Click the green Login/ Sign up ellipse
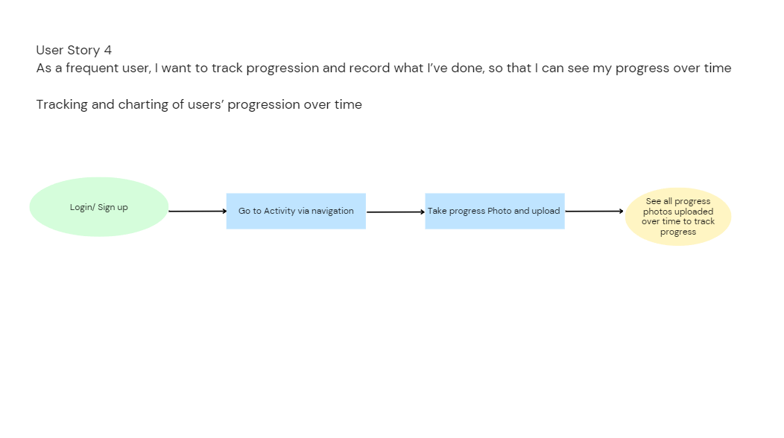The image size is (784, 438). [99, 206]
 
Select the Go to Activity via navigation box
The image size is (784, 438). [296, 211]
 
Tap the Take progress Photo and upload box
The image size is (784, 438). [495, 211]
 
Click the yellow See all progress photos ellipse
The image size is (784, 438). [678, 217]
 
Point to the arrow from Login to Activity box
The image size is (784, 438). [197, 211]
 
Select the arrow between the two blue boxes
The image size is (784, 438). [396, 212]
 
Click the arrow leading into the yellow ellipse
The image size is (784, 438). [594, 211]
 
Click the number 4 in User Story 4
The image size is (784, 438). [107, 50]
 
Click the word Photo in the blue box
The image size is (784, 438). [499, 211]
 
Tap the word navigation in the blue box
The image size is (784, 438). [332, 211]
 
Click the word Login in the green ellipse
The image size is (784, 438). [81, 208]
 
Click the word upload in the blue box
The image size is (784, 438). [546, 211]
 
